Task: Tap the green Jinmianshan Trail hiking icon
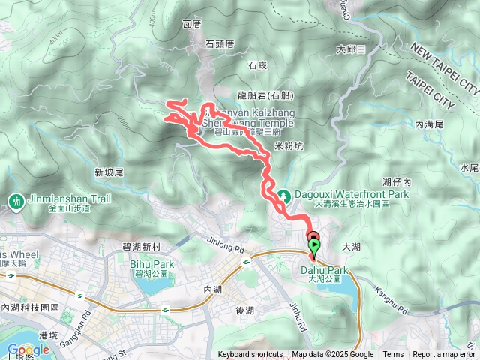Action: coord(16,200)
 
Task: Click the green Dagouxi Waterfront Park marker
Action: coord(284,197)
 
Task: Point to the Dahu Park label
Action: coord(325,270)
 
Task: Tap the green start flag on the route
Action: coord(313,244)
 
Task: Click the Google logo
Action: coord(28,349)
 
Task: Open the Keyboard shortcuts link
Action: coord(250,355)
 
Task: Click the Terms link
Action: coord(393,355)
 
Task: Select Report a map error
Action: coord(445,355)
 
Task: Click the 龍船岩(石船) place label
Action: coord(265,95)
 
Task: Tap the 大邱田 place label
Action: coord(350,49)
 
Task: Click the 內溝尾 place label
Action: coord(430,124)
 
